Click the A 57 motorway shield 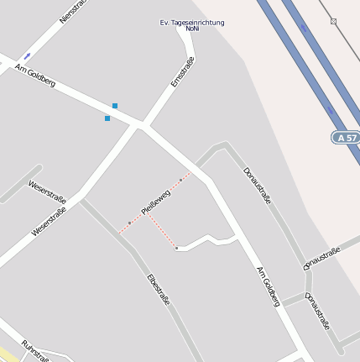point(345,137)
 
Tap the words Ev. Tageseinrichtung point(192,22)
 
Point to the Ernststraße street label point(182,72)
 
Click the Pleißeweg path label point(157,202)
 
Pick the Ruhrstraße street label point(35,352)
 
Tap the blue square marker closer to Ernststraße point(115,106)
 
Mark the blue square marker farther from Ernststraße point(107,118)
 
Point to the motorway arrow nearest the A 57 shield point(330,109)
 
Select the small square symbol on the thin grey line point(333,21)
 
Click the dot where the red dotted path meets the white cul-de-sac point(176,248)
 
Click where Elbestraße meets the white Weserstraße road point(82,200)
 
